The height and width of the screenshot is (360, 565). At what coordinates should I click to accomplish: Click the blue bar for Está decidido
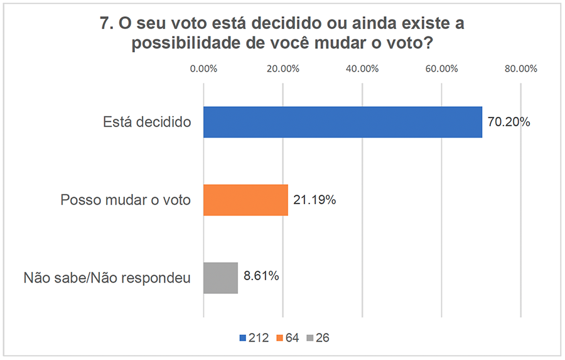click(343, 122)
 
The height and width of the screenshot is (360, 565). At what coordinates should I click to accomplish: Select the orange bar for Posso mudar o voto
click(245, 200)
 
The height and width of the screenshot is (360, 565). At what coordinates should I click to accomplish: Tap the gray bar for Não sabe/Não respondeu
click(220, 278)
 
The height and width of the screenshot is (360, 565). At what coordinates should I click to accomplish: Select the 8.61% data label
click(262, 276)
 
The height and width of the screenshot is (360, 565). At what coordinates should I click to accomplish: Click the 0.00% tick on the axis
click(203, 69)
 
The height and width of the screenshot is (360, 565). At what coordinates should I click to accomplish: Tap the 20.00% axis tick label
click(282, 69)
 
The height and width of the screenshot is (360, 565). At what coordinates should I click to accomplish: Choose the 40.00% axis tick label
click(362, 69)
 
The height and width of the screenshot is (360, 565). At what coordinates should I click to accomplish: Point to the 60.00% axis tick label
click(441, 69)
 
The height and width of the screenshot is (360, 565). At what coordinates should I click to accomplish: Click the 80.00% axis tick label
click(521, 69)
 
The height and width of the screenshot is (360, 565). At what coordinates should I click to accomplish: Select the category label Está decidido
click(146, 123)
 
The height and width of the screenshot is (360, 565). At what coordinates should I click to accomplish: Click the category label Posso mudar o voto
click(126, 200)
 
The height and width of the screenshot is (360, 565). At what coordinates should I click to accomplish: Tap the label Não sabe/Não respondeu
click(107, 278)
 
